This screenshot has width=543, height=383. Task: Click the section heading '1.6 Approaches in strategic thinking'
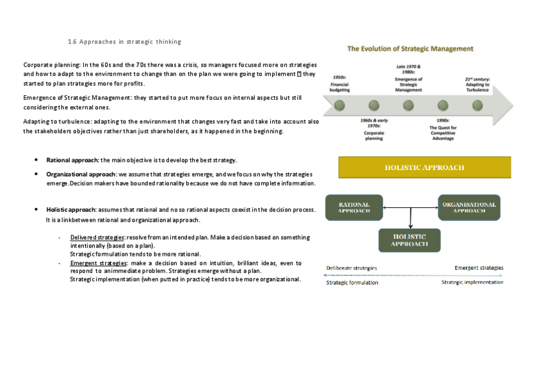coord(124,42)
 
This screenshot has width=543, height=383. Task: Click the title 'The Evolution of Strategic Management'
coord(410,49)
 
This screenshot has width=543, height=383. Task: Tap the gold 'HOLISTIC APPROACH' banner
coord(425,168)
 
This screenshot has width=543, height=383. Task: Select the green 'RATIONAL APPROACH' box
coord(354,207)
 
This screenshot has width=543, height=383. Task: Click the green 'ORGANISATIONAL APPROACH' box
coord(469,207)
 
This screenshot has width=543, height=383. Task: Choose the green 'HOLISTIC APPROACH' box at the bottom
coord(409,240)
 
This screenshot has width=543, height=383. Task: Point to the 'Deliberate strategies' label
coord(352,268)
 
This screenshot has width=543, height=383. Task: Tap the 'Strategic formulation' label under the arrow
coord(352,282)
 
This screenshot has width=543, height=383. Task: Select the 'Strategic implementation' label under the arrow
coord(472,282)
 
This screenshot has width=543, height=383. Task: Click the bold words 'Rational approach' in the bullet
coord(72,160)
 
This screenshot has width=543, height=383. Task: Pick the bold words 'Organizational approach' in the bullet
coord(81,174)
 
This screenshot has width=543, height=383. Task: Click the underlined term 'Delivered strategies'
coord(97,237)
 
